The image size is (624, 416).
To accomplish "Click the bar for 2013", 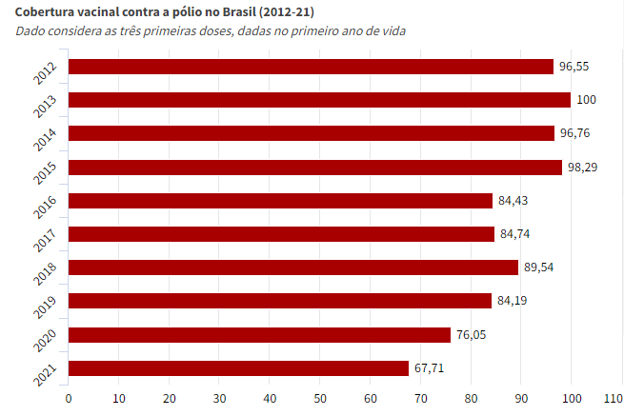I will [319, 100].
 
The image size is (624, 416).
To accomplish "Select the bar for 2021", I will [238, 368].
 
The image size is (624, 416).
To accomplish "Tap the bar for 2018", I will [292, 267].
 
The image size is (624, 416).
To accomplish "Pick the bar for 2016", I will [280, 201].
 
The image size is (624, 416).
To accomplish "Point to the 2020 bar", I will [259, 335].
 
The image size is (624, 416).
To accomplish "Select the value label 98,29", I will [582, 167].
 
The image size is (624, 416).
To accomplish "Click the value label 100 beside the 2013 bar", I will [586, 100].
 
